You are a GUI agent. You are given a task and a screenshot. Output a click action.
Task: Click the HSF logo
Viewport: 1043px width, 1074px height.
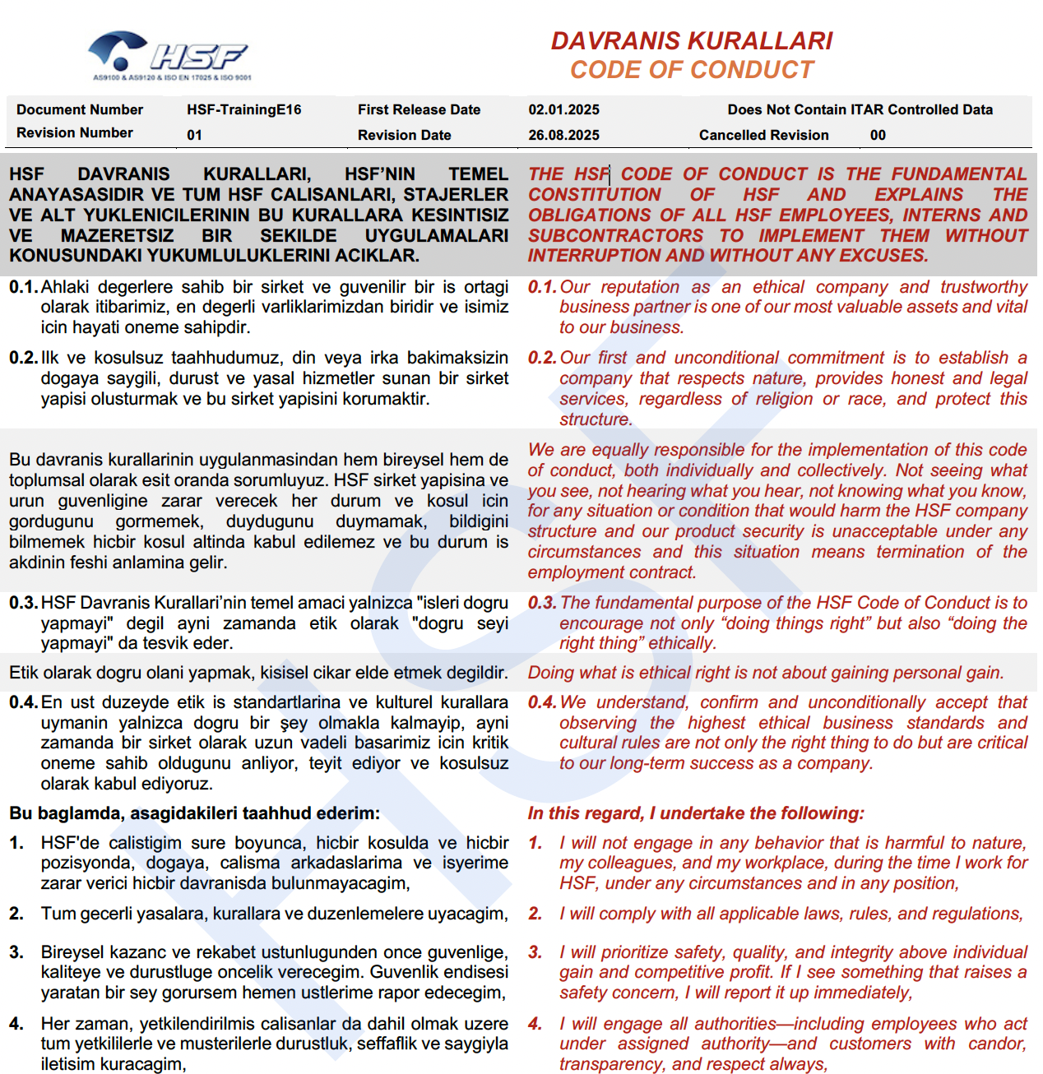pos(169,56)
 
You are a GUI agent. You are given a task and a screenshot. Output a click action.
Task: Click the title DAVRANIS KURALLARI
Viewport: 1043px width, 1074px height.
pos(691,41)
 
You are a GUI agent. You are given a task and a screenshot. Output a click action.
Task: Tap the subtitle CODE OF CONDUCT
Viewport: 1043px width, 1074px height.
pos(692,70)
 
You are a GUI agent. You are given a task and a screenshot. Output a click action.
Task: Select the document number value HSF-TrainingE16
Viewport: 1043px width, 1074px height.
pos(243,109)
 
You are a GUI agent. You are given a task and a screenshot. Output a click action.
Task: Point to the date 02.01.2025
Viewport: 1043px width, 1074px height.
pos(563,109)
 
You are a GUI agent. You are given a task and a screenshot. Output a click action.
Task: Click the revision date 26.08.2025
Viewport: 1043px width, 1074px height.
pos(563,135)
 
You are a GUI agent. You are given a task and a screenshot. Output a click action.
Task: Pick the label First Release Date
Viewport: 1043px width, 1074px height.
pos(419,109)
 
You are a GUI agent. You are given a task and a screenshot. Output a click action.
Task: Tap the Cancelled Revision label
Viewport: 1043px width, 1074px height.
pos(763,135)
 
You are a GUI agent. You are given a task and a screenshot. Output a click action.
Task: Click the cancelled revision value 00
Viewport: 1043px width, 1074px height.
pos(878,135)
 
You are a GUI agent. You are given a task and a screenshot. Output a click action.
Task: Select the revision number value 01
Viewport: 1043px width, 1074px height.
pos(194,135)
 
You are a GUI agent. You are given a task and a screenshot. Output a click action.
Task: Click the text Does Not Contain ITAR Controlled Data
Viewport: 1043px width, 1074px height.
pos(860,109)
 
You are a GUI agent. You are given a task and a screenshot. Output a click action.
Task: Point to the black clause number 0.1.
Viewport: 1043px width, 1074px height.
pos(23,287)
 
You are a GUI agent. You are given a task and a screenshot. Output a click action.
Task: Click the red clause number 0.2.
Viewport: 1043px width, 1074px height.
pos(542,358)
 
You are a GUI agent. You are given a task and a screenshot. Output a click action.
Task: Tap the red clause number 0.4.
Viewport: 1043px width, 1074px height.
pos(542,702)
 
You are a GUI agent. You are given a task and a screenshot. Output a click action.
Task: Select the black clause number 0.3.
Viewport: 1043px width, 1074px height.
pos(23,603)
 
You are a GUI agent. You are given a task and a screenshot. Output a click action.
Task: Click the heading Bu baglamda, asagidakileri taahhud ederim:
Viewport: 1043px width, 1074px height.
pos(194,813)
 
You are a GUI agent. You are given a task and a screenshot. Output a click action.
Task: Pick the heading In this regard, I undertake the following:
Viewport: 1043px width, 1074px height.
pos(695,813)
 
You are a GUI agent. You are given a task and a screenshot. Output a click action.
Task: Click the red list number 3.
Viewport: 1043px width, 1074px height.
pos(535,952)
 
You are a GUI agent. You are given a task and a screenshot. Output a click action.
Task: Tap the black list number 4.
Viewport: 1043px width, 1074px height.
pos(16,1024)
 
